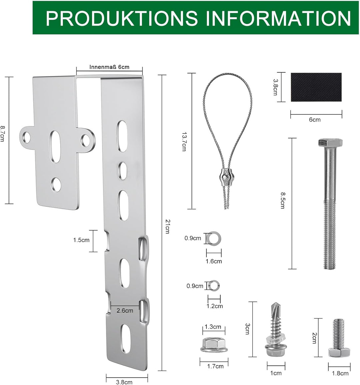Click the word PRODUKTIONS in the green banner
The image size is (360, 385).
pyautogui.click(x=122, y=18)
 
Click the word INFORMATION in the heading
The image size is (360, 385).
pyautogui.click(x=278, y=18)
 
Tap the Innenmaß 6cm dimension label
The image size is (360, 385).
pyautogui.click(x=109, y=67)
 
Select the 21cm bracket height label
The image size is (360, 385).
pyautogui.click(x=168, y=226)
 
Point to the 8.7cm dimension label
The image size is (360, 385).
pyautogui.click(x=3, y=133)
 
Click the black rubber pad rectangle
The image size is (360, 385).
pyautogui.click(x=316, y=87)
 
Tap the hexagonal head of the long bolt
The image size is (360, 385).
pyautogui.click(x=330, y=143)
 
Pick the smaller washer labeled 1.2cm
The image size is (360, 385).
pyautogui.click(x=214, y=286)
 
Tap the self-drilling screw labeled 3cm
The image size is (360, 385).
pyautogui.click(x=275, y=330)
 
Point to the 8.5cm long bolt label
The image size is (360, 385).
pyautogui.click(x=283, y=200)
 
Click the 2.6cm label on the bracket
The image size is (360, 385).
pyautogui.click(x=125, y=310)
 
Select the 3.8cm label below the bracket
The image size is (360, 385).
pyautogui.click(x=124, y=382)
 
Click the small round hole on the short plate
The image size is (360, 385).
pyautogui.click(x=56, y=185)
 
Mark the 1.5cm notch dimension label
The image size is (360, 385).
pyautogui.click(x=81, y=240)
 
